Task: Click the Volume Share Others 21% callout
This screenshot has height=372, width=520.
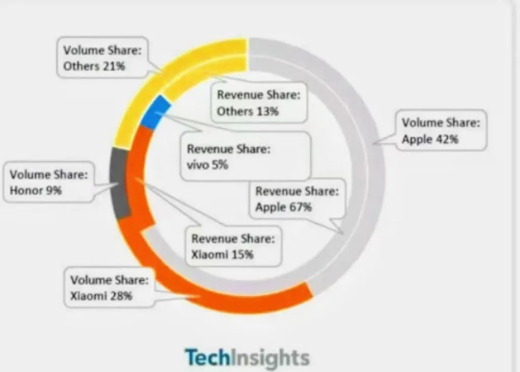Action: point(103,57)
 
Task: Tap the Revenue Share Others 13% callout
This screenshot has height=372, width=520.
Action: point(259,103)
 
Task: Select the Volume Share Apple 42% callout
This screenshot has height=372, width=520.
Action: point(441,130)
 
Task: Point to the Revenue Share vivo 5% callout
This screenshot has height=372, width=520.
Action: point(246,157)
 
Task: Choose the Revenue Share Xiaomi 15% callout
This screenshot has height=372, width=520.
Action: point(233,246)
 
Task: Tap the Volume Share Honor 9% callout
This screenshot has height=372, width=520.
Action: point(49,182)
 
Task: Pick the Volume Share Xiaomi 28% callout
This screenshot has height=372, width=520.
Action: point(109,287)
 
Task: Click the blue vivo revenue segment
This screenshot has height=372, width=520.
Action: point(155,112)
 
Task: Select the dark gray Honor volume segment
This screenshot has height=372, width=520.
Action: point(119,183)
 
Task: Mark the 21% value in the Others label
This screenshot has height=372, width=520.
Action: point(114,66)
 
